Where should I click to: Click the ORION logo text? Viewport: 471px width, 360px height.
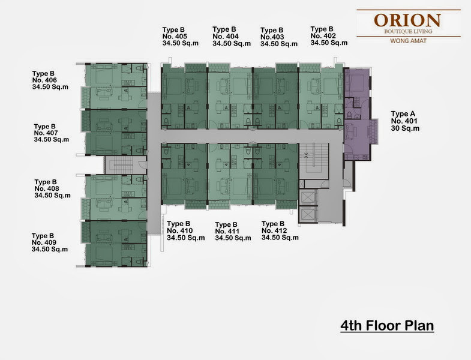click(x=407, y=20)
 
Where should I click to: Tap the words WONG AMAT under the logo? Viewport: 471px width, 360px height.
click(x=408, y=41)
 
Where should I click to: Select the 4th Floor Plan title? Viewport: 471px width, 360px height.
click(x=387, y=325)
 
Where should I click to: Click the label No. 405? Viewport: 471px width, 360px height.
click(x=175, y=37)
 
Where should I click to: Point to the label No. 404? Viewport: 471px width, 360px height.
click(x=226, y=37)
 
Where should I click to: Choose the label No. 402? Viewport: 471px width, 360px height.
click(x=323, y=36)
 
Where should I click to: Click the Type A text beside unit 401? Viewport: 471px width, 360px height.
click(x=403, y=114)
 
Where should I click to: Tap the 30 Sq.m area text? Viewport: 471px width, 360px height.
click(x=405, y=128)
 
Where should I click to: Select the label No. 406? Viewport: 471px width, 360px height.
click(x=44, y=80)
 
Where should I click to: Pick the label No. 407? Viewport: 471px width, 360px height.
click(x=46, y=133)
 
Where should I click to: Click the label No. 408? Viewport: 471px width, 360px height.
click(x=47, y=189)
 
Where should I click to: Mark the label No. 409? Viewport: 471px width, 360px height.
click(x=44, y=242)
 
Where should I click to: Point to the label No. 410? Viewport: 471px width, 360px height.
click(x=179, y=231)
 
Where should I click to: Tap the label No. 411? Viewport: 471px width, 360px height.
click(x=227, y=232)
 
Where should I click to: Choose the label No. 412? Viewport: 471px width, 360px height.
click(x=274, y=231)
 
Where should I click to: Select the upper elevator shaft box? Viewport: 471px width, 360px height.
click(x=307, y=197)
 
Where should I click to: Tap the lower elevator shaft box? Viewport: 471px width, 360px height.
click(x=307, y=214)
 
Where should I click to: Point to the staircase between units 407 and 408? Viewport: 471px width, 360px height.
click(x=122, y=165)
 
